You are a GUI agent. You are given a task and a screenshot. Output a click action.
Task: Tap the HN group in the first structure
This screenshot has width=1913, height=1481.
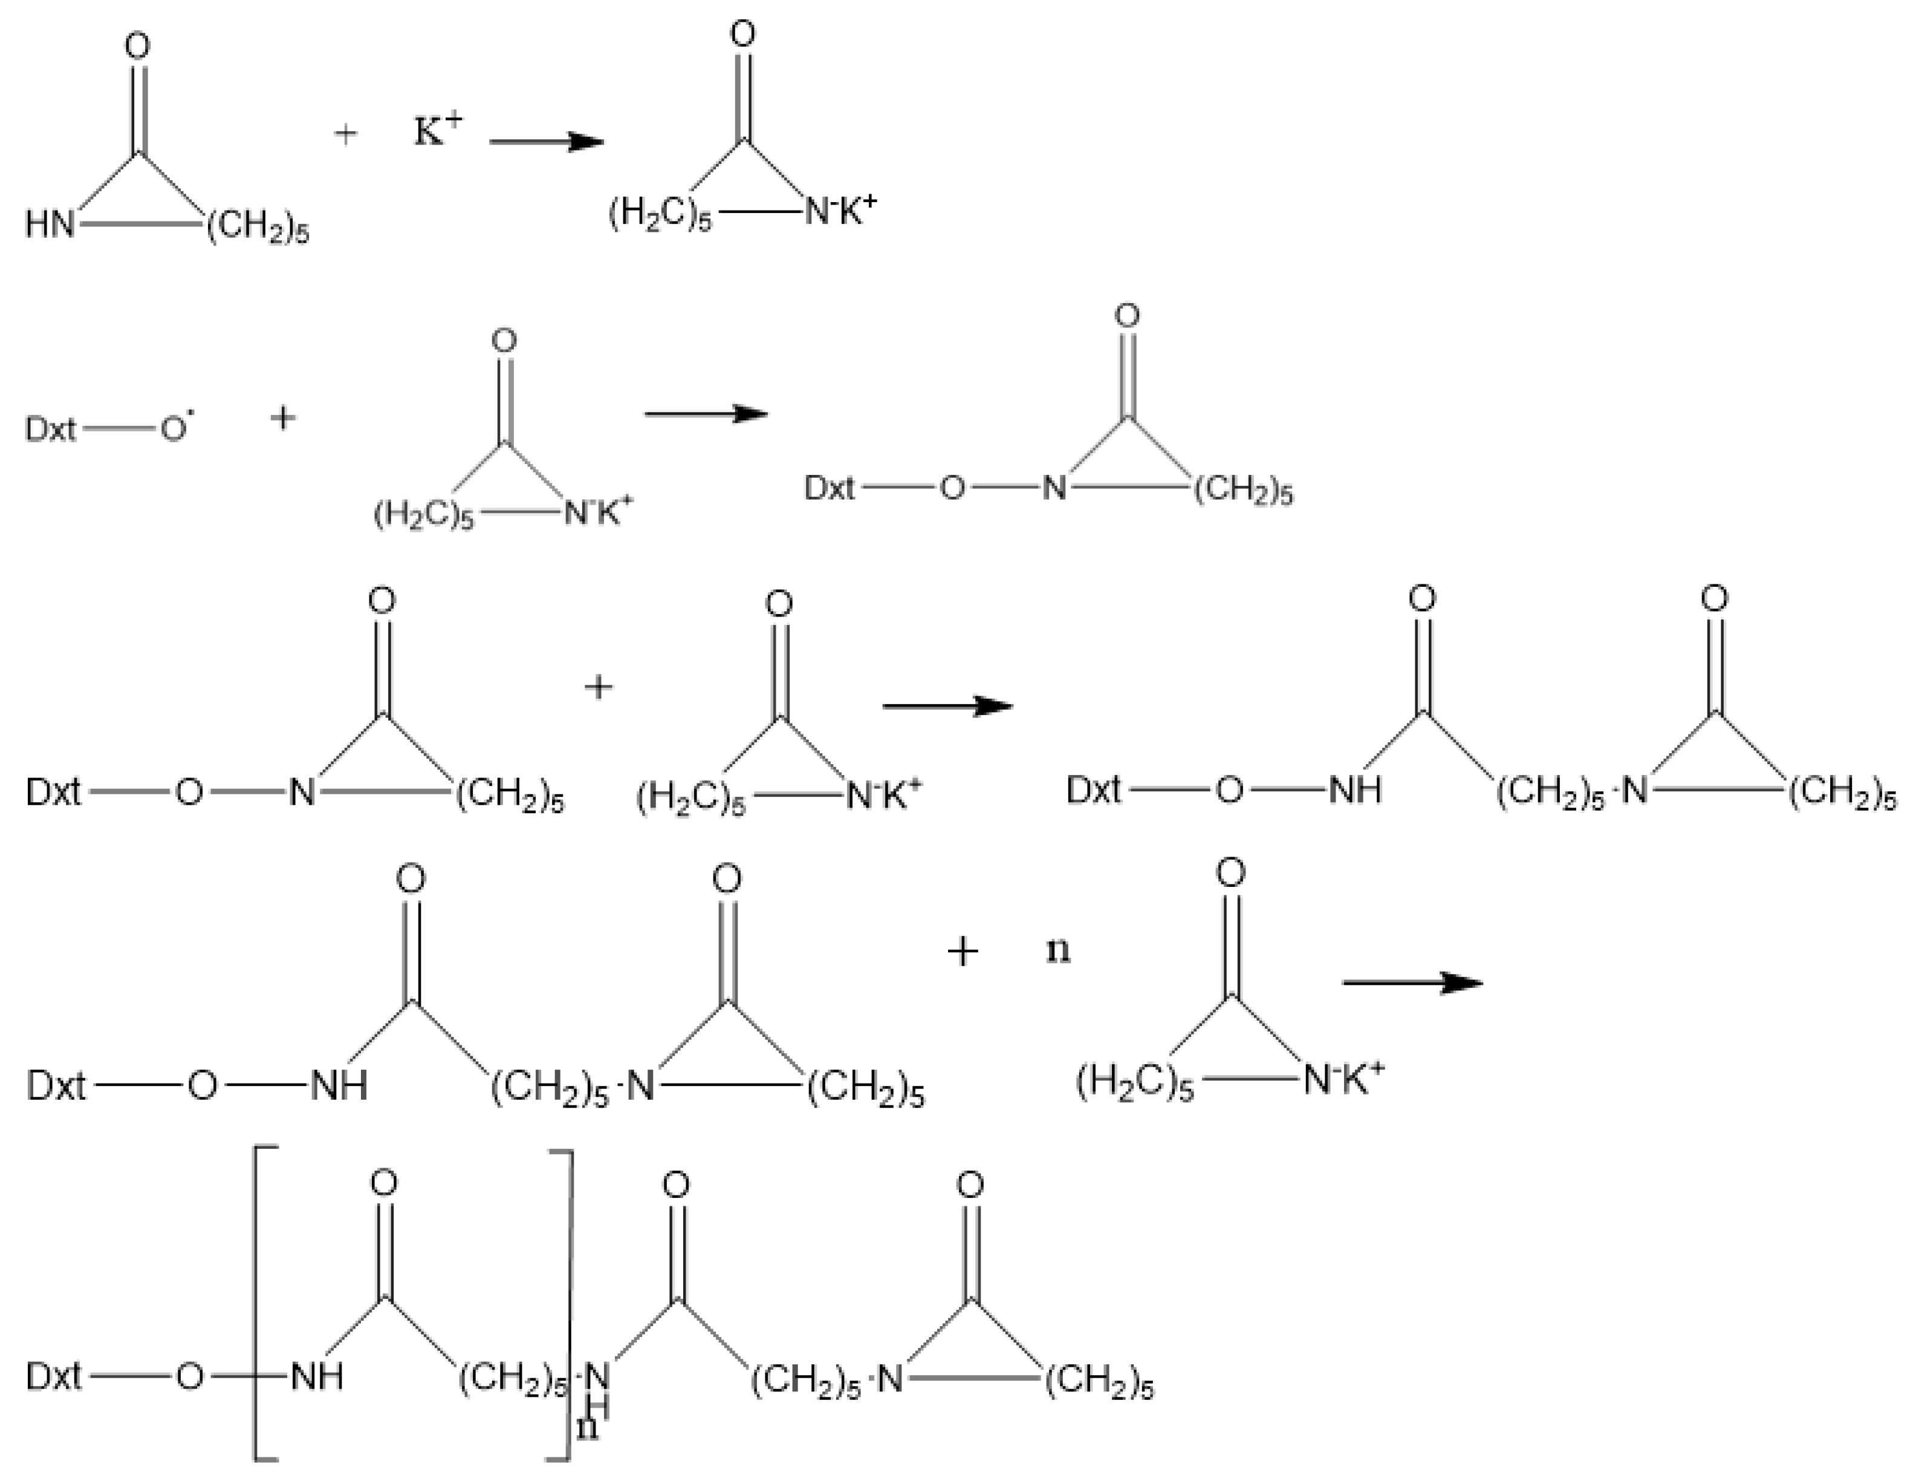50,224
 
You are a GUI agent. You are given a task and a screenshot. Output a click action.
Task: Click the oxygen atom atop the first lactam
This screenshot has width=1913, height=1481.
137,47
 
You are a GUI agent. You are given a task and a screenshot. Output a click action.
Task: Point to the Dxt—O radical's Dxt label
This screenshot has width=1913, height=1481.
51,430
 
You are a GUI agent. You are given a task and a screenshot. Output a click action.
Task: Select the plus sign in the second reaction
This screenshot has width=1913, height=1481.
282,418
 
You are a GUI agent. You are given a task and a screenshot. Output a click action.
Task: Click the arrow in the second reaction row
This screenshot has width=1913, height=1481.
706,414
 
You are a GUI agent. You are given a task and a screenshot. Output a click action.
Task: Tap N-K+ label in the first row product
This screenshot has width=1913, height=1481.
840,211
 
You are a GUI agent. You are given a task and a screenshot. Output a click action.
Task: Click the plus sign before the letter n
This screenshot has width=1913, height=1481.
963,952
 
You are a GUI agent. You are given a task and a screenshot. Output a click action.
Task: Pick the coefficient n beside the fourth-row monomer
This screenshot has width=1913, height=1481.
1058,950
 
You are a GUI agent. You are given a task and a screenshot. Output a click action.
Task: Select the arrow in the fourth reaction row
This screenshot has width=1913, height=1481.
1412,983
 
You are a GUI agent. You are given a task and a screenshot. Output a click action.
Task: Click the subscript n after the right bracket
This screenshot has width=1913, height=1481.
588,1427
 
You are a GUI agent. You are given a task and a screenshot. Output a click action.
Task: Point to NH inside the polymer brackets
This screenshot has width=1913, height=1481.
316,1377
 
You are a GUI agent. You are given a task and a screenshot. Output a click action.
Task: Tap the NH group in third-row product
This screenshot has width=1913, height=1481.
1355,791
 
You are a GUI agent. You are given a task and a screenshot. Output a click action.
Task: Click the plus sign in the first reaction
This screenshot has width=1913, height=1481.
346,134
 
